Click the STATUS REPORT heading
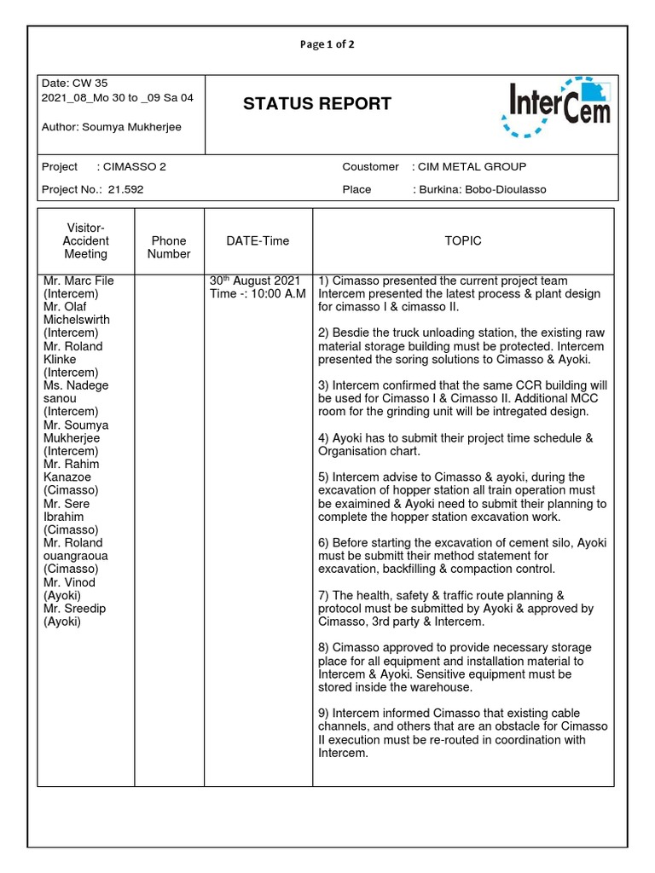[316, 104]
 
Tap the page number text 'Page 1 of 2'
[327, 45]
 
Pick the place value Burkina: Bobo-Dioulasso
[484, 189]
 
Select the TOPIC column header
[463, 241]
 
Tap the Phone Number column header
[169, 247]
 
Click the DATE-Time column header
[258, 241]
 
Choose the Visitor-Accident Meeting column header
[85, 241]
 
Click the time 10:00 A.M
[272, 294]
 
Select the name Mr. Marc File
[78, 281]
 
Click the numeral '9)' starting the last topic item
[324, 714]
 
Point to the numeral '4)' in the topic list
[324, 438]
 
